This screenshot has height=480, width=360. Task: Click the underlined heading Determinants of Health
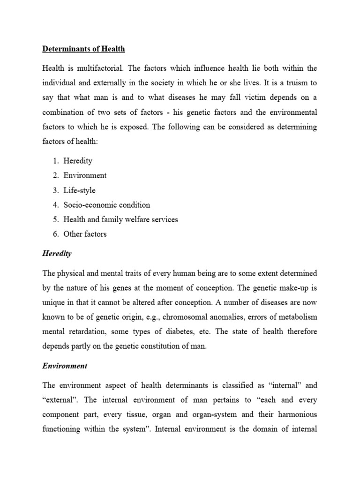click(x=83, y=48)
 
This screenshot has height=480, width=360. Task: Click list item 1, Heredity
click(x=78, y=160)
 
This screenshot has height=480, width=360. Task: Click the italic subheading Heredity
click(x=57, y=253)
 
